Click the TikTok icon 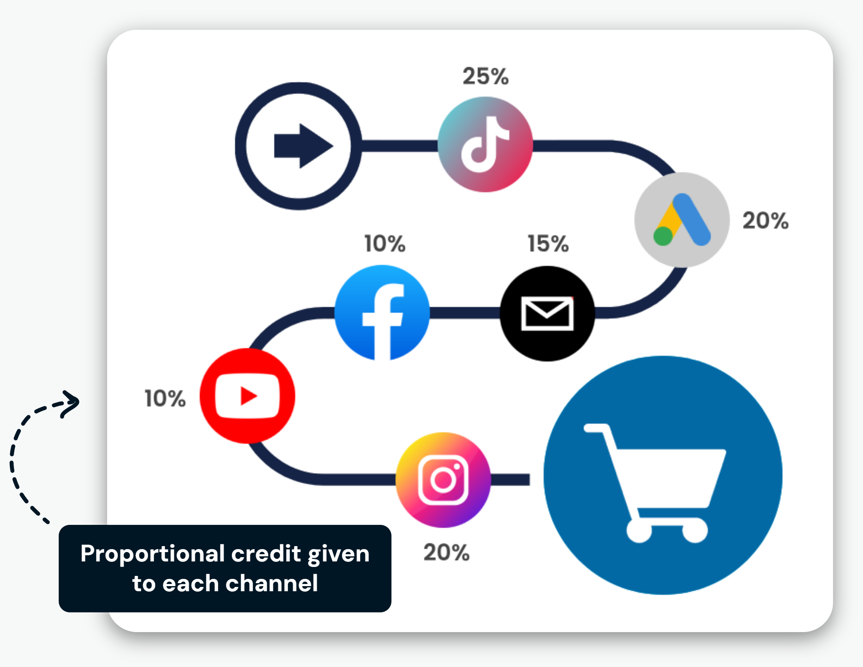(485, 144)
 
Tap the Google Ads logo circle (682, 220)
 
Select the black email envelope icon (547, 314)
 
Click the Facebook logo (382, 313)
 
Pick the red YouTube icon (247, 395)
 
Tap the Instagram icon (443, 480)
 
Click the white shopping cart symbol (655, 483)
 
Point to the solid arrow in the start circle (303, 146)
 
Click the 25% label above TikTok (485, 77)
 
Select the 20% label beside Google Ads (766, 220)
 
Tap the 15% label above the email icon (548, 243)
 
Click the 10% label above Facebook (385, 243)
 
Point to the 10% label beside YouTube (165, 398)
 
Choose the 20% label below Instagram (446, 552)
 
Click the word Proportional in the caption (152, 555)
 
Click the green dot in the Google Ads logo (663, 236)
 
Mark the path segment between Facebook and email (465, 313)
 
